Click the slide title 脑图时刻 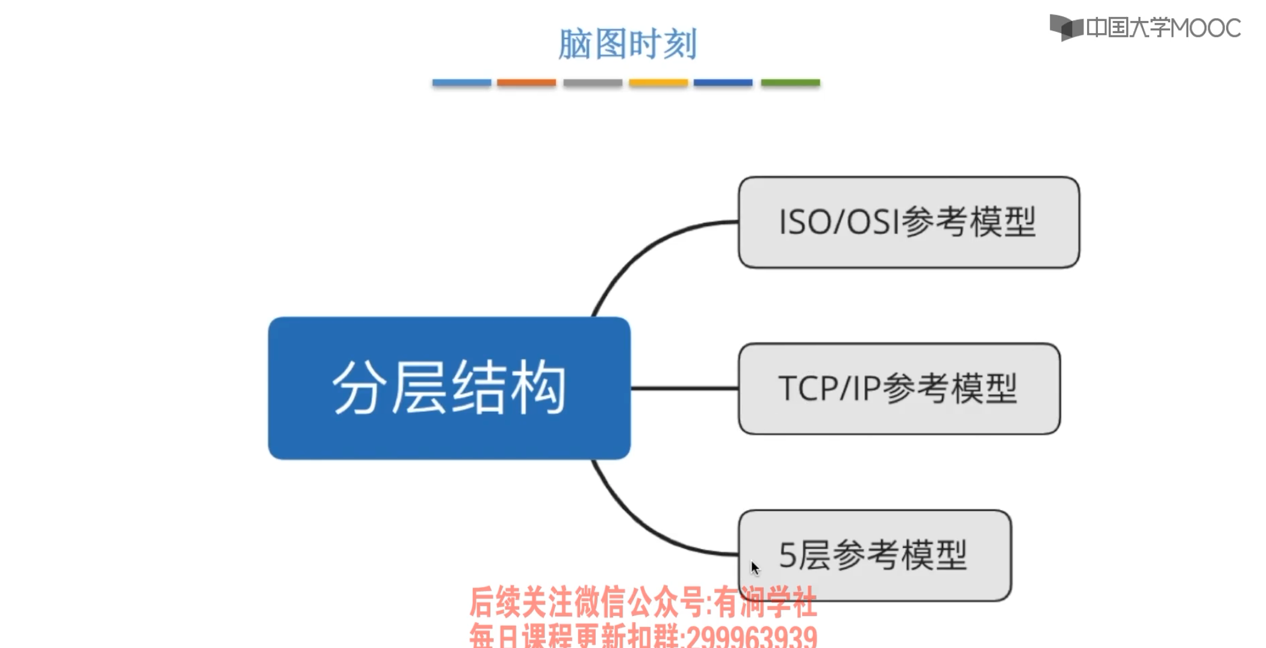627,43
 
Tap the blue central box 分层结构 449,388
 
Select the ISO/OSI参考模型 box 908,222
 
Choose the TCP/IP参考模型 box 899,388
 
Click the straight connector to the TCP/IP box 684,388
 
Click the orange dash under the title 526,83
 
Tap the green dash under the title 790,83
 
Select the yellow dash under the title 658,83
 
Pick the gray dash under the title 593,83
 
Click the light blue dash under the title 461,83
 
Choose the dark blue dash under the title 723,83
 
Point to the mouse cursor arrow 755,567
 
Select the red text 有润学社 765,602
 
